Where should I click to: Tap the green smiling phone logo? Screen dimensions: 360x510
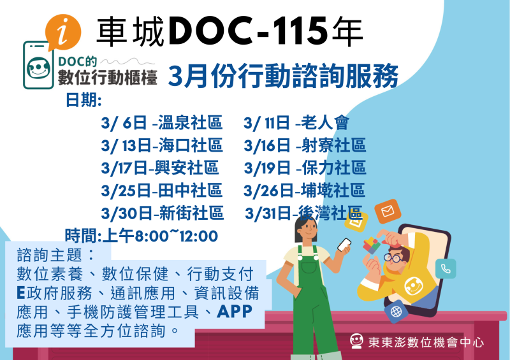40,66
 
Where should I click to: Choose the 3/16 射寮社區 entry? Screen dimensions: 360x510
305,146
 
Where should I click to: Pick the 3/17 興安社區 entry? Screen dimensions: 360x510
159,168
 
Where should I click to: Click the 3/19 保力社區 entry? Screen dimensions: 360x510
305,168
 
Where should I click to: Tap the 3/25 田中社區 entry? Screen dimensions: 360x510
161,191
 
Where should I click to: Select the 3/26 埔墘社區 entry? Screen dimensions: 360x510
304,191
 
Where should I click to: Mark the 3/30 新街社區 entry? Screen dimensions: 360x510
162,213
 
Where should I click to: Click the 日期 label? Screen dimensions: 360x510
84,101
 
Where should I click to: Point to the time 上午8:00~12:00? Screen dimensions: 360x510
142,236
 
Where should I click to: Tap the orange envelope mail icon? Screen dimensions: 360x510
387,212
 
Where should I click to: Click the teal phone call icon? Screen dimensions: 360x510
446,268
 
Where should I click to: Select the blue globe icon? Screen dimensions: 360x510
396,312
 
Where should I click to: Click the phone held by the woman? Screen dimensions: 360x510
344,245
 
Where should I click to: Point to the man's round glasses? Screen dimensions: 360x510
394,258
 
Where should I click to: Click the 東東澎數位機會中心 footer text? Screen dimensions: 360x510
426,342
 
